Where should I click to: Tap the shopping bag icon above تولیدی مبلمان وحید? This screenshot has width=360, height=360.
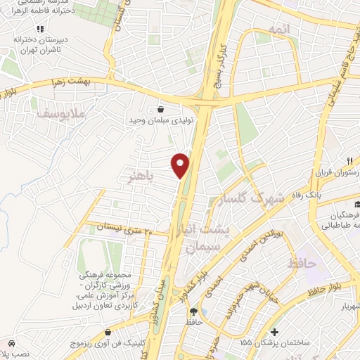[x=162, y=109]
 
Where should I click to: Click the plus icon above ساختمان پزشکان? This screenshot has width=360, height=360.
[x=274, y=331]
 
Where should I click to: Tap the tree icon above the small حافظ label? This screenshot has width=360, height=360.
[x=204, y=311]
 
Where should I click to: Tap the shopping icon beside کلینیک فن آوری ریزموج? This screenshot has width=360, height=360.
[x=108, y=331]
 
